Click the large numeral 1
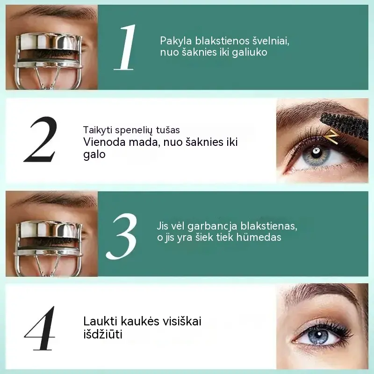(x=125, y=47)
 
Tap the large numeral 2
(x=41, y=139)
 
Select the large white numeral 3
(x=122, y=236)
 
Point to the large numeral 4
(x=40, y=328)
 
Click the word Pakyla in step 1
(x=176, y=41)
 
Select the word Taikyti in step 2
(x=97, y=130)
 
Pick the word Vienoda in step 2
(x=104, y=142)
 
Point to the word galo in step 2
(x=94, y=155)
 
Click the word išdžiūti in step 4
(x=103, y=334)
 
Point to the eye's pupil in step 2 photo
(x=316, y=151)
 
